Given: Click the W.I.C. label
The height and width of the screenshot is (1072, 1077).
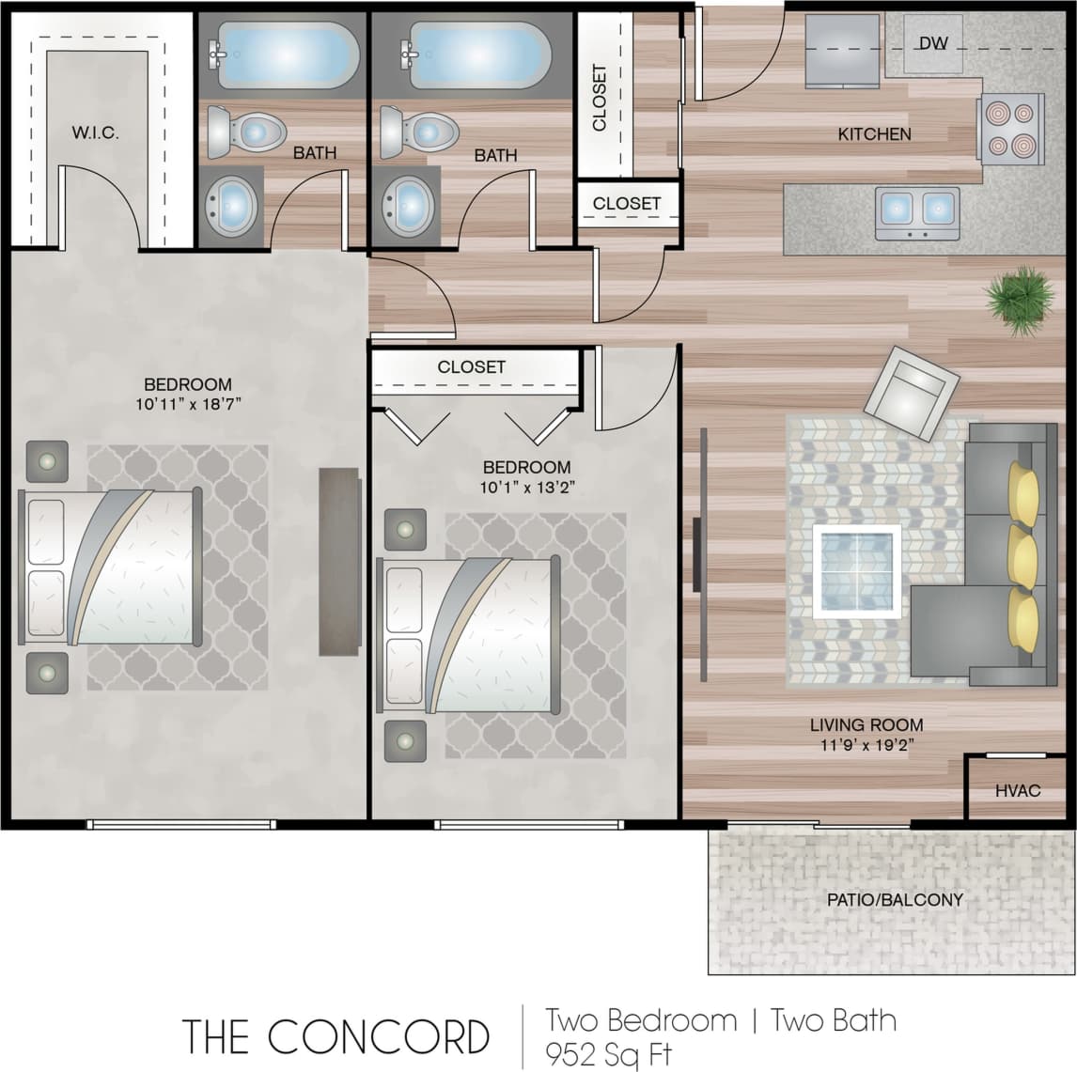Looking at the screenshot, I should (x=95, y=132).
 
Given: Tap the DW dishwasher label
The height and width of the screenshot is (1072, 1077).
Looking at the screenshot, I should (x=932, y=43).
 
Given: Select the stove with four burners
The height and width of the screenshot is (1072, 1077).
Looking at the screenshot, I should (x=1010, y=127).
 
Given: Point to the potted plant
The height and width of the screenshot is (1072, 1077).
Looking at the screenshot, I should (x=1019, y=299).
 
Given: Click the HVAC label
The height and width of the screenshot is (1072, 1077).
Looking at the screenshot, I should (x=1018, y=790).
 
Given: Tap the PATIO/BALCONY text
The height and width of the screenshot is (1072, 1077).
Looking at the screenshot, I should (x=895, y=899).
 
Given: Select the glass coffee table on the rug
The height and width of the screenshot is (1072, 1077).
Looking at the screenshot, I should (x=857, y=570).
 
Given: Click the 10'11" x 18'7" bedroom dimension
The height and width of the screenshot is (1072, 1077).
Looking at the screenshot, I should (x=187, y=405).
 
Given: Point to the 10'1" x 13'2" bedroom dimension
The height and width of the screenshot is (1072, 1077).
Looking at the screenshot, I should (x=526, y=488).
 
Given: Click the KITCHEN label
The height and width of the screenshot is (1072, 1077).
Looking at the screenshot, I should (x=874, y=134).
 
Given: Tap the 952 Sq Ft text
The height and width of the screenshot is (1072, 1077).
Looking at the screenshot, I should (x=609, y=1053).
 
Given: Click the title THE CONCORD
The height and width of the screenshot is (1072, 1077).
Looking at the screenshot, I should (x=336, y=1036).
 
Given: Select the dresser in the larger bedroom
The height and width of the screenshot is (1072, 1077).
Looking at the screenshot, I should (x=339, y=561).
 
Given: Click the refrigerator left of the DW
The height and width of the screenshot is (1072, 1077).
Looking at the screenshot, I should (x=843, y=53).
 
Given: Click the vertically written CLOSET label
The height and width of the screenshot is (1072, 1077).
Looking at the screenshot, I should (x=600, y=98).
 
